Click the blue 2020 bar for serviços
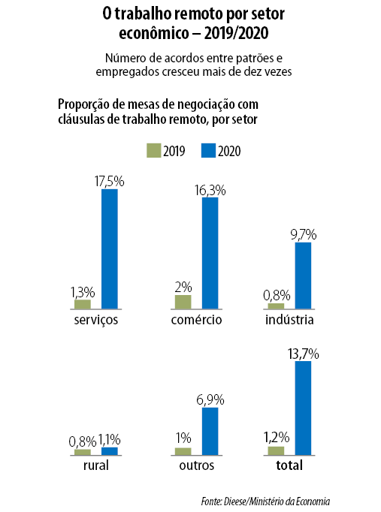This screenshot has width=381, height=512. click(110, 248)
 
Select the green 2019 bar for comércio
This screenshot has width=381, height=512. click(183, 302)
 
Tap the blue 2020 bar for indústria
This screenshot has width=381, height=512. click(304, 276)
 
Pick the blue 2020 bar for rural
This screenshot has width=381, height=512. click(110, 451)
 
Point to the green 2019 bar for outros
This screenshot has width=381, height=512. click(183, 452)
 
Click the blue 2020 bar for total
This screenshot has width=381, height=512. click(304, 408)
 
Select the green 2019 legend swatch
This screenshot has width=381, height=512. click(153, 151)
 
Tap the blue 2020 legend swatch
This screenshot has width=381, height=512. click(208, 151)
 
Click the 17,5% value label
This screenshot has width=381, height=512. click(110, 181)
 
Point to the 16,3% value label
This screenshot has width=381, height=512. click(210, 190)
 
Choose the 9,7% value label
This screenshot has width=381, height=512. click(304, 235)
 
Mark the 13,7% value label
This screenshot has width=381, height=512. click(304, 354)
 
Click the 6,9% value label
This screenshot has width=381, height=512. click(210, 400)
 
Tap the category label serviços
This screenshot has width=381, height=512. click(96, 320)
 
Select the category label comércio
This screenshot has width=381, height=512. click(196, 319)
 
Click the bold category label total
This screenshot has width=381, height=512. click(289, 465)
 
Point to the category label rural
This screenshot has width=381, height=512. click(96, 465)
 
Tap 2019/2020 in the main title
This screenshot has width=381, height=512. click(236, 33)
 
